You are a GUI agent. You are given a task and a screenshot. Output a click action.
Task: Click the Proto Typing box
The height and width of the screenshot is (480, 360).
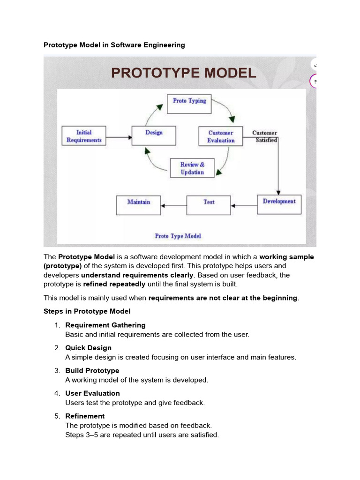[x=189, y=104]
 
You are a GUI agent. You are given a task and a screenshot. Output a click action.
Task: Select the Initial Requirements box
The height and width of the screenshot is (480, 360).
[x=84, y=136]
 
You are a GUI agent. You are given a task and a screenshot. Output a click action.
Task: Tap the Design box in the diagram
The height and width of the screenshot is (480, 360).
[x=154, y=135]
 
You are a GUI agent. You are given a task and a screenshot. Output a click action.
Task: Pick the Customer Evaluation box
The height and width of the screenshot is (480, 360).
[x=221, y=136]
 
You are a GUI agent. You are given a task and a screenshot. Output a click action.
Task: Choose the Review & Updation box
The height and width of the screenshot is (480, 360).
[x=192, y=168]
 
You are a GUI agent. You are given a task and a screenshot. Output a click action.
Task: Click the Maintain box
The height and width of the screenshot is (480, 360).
[x=138, y=205]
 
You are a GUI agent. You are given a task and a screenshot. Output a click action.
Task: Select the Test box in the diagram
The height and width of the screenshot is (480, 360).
[x=209, y=205]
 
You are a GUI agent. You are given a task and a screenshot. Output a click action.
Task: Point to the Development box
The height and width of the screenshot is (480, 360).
[x=279, y=204]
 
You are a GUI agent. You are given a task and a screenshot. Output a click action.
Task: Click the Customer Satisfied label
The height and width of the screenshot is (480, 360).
[x=265, y=136]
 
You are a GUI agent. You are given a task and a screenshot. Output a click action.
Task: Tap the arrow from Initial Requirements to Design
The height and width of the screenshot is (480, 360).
[x=119, y=137]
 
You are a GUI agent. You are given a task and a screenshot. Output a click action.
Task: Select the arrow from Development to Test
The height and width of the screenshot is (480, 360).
[x=244, y=206]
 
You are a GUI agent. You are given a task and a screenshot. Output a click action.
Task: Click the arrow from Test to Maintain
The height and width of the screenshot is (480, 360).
[x=173, y=206]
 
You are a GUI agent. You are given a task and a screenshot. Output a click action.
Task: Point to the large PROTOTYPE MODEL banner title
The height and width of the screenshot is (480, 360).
[x=184, y=73]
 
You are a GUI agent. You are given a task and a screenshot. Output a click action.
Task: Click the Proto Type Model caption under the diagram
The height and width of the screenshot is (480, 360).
[x=178, y=236]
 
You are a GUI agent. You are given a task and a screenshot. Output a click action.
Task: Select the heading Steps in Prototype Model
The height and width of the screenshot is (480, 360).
[x=87, y=311]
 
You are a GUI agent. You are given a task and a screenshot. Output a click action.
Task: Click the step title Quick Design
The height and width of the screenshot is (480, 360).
[x=89, y=348]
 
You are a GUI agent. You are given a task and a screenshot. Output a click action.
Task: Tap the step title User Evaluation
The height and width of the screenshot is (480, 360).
[x=92, y=393]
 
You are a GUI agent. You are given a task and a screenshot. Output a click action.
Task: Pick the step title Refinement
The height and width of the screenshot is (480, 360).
[x=85, y=416]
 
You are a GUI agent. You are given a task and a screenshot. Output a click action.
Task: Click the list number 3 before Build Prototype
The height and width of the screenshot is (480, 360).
[x=57, y=371]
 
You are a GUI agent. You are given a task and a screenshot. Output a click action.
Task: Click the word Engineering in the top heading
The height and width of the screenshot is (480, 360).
[x=164, y=45]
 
